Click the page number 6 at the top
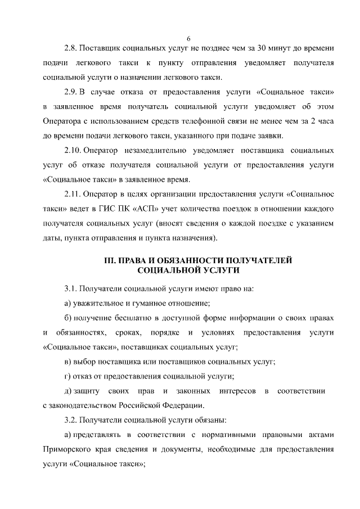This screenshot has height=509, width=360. click(189, 38)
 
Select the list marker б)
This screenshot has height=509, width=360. click(68, 318)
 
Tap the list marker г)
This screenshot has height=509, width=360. click(67, 376)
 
